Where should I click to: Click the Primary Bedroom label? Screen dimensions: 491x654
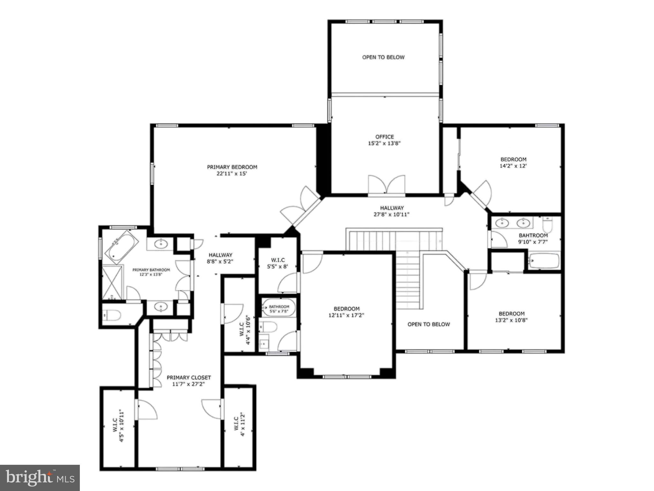232,167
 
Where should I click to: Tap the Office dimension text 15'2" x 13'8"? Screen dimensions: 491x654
384,144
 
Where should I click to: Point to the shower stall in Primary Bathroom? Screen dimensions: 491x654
112,282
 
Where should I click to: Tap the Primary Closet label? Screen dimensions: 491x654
189,378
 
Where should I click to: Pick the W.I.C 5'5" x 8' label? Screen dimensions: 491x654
278,263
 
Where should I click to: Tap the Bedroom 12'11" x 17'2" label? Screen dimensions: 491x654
346,312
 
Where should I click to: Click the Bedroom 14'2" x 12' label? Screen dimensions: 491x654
513,163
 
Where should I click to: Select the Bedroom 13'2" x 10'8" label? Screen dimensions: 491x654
512,317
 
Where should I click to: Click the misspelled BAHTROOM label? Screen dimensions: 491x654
533,235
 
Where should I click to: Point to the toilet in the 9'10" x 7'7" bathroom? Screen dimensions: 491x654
548,225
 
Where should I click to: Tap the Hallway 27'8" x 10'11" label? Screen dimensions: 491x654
392,211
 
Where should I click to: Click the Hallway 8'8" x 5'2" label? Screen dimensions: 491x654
220,258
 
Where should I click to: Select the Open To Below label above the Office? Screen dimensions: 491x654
383,57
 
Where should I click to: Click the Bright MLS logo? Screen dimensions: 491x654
40,477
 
